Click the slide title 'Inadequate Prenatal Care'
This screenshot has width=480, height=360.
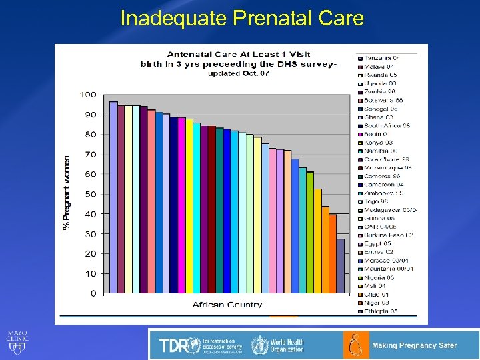(242, 18)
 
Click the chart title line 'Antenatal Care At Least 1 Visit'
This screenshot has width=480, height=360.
(238, 54)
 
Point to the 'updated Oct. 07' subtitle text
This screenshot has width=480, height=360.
(238, 73)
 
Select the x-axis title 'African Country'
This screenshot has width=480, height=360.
(227, 305)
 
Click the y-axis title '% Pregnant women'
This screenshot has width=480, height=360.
(67, 193)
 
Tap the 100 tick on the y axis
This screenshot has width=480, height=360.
(87, 95)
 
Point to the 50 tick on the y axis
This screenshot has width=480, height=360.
(89, 194)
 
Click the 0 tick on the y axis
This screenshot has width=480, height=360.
(92, 293)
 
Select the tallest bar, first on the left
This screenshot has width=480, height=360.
(113, 197)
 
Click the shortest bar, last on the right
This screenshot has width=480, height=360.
(341, 266)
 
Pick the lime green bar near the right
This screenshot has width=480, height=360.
(310, 233)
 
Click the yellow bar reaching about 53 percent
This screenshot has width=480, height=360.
(318, 241)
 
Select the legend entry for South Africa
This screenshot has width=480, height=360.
(387, 125)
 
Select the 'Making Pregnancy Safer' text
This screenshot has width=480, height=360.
(414, 345)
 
